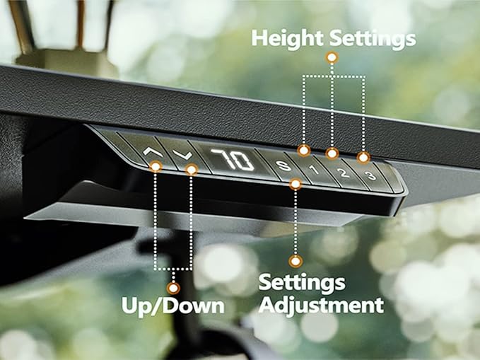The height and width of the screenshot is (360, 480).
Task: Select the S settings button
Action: coord(283,166)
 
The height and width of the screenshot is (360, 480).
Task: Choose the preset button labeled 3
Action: coord(370,175)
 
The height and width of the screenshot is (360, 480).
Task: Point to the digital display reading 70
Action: coord(233,161)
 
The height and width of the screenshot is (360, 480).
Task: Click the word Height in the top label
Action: coord(287,39)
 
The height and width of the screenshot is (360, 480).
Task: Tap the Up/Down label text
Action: coord(173,306)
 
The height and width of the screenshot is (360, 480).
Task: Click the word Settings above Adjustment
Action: coord(302,282)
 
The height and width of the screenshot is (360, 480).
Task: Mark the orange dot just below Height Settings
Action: coord(332,57)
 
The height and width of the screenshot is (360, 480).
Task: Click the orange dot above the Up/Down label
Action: coord(173,288)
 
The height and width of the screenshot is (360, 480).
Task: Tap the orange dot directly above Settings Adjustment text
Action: coord(295,261)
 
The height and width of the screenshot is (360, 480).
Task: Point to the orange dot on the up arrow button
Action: coord(156,166)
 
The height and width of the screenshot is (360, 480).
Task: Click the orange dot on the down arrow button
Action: coord(192,170)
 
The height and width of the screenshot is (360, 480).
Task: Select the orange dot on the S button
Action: coord(295,184)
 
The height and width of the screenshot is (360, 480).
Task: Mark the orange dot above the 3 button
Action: coord(363,158)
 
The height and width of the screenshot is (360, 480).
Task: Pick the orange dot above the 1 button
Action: coord(304,151)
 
